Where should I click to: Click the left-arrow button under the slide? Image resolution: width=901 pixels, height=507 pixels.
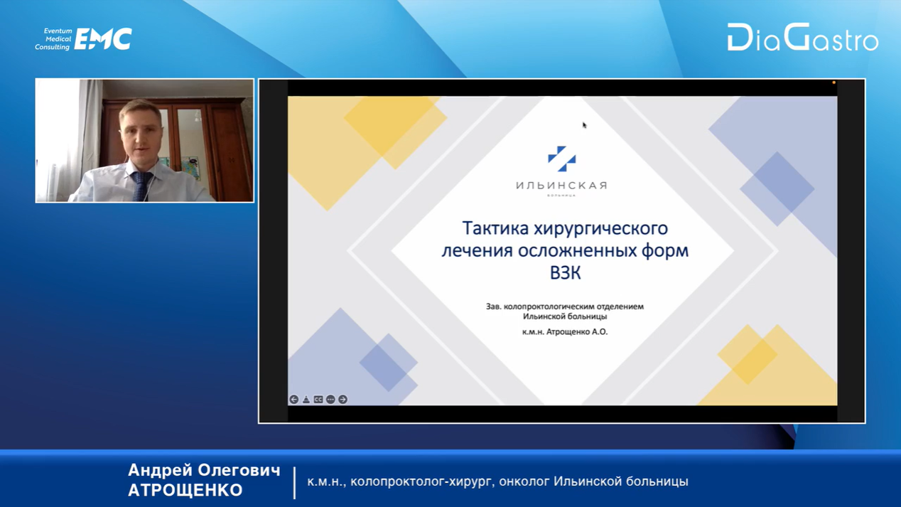tap(294, 399)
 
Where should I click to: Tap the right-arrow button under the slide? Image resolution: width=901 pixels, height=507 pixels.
tap(342, 399)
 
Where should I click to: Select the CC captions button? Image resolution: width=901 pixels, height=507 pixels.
tap(318, 399)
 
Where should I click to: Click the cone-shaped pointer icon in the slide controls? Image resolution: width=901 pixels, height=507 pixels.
tap(306, 399)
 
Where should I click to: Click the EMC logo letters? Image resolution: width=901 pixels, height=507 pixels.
tap(103, 39)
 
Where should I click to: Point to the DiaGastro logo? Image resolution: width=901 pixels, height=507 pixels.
tap(803, 38)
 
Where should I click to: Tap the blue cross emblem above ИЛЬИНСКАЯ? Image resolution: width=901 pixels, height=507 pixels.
tap(562, 159)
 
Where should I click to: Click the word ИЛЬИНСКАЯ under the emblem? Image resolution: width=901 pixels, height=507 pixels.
tap(561, 186)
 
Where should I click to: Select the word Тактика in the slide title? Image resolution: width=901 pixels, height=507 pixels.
tap(495, 228)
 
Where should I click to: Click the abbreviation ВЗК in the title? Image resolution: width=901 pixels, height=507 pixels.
tap(565, 273)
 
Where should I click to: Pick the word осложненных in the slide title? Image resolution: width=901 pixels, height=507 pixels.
tap(575, 251)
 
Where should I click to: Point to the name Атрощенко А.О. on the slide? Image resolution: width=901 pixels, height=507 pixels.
tap(577, 332)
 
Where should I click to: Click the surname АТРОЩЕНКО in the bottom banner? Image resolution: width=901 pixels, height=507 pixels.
tap(185, 490)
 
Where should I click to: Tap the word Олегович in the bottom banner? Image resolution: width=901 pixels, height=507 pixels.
tap(239, 471)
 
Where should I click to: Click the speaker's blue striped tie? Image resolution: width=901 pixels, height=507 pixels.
tap(141, 186)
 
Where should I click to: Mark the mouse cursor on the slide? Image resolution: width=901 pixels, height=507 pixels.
tap(585, 125)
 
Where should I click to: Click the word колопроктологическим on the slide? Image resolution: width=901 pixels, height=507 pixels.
tap(559, 306)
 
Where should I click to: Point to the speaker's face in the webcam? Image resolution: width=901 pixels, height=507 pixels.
tap(141, 135)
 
